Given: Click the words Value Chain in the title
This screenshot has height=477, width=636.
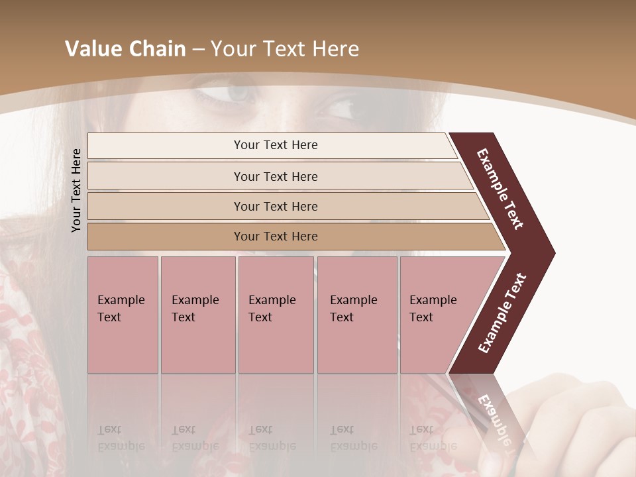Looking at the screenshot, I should click(x=125, y=49).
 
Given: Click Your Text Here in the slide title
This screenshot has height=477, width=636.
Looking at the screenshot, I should click(x=285, y=49).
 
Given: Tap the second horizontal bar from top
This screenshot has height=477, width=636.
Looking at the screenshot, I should click(x=276, y=176).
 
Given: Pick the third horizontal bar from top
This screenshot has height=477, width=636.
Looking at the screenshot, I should click(x=276, y=206).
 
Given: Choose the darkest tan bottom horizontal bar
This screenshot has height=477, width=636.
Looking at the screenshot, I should click(x=276, y=237).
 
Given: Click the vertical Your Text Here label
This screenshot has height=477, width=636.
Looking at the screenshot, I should click(x=77, y=190).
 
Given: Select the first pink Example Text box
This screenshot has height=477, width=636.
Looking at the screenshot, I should click(x=123, y=315).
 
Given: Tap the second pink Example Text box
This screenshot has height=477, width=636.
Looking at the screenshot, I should click(x=197, y=315).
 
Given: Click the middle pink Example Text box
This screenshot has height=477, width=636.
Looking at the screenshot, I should click(x=276, y=315).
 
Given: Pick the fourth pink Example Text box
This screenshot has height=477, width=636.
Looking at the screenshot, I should click(x=356, y=315).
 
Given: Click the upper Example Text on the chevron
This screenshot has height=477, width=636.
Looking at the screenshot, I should click(x=501, y=189).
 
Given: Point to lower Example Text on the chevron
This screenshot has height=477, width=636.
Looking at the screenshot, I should click(x=502, y=313).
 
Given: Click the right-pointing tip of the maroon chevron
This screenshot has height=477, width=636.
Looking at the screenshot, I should click(x=551, y=252).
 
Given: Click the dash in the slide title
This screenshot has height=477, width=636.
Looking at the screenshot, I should click(x=198, y=50).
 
